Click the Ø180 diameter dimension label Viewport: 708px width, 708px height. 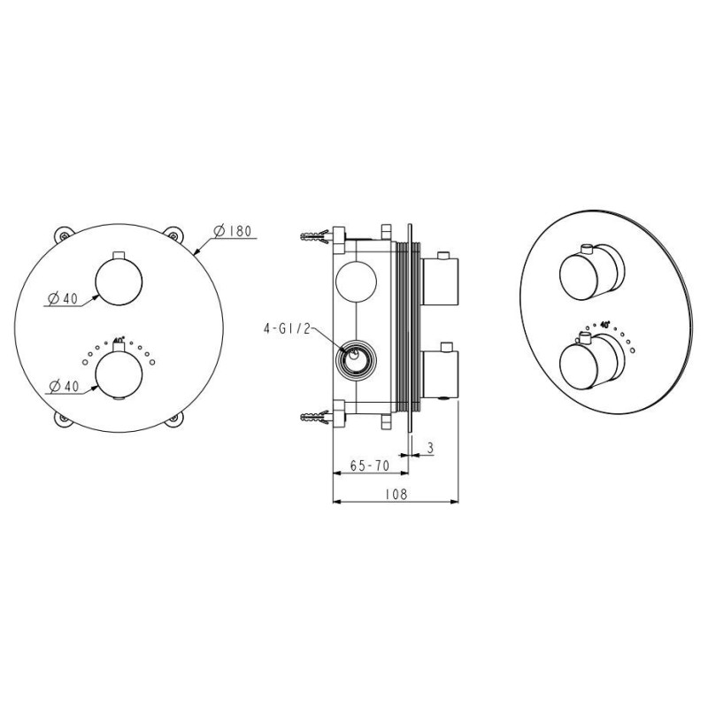232,231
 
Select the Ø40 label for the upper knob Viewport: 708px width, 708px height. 63,298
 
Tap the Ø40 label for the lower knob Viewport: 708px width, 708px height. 64,386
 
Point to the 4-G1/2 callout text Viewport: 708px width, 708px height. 288,328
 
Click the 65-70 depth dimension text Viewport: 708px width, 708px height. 369,466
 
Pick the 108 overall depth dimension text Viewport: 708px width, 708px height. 396,494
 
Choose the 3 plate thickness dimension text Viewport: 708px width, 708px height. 430,448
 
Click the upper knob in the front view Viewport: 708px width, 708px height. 119,281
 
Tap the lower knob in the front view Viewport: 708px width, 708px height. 119,374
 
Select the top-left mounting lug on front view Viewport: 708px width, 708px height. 64,235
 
